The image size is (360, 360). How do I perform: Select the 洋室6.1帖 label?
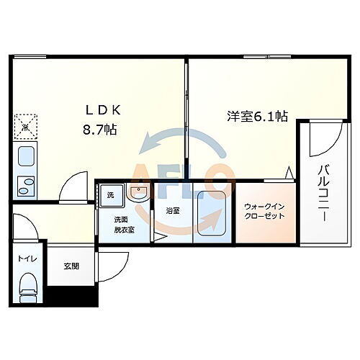pyautogui.click(x=248, y=115)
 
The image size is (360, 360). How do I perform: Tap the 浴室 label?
pyautogui.click(x=174, y=211)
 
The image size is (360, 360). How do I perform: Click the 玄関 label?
pyautogui.click(x=71, y=266)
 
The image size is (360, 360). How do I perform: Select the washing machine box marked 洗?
pyautogui.click(x=111, y=195)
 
